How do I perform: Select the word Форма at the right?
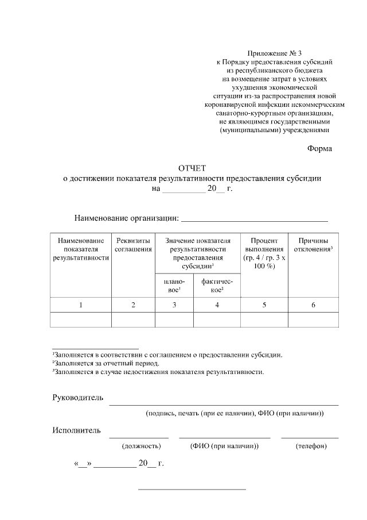click(320, 148)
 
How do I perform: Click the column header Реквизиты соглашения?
click(133, 245)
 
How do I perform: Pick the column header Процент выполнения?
click(264, 253)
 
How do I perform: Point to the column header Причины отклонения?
click(313, 245)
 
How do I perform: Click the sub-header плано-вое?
click(174, 286)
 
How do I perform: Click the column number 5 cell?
click(264, 305)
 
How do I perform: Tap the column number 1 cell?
click(81, 305)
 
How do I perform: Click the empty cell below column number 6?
click(313, 319)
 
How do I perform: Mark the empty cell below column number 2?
click(133, 319)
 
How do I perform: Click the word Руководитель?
click(77, 398)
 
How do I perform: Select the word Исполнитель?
click(76, 430)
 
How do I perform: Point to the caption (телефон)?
click(311, 446)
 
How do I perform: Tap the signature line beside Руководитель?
click(224, 404)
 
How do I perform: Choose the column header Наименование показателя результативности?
click(81, 249)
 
